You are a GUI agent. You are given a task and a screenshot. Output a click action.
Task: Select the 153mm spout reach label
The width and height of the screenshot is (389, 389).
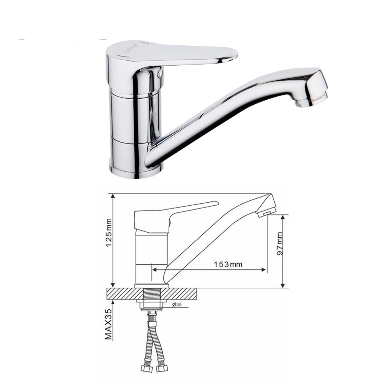(228, 264)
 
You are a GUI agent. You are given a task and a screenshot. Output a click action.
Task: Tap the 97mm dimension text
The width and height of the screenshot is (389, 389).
(280, 244)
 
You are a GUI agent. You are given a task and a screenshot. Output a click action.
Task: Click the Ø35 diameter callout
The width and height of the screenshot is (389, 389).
(177, 305)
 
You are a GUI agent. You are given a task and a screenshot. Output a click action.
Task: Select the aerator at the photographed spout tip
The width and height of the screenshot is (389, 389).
(315, 100)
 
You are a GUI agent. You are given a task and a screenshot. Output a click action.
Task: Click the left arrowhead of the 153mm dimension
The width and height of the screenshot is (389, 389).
(154, 270)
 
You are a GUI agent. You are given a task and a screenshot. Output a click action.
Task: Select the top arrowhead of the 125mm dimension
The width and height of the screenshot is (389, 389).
(113, 196)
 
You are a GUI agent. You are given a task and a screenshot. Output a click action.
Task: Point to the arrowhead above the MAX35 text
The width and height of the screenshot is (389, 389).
(113, 302)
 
